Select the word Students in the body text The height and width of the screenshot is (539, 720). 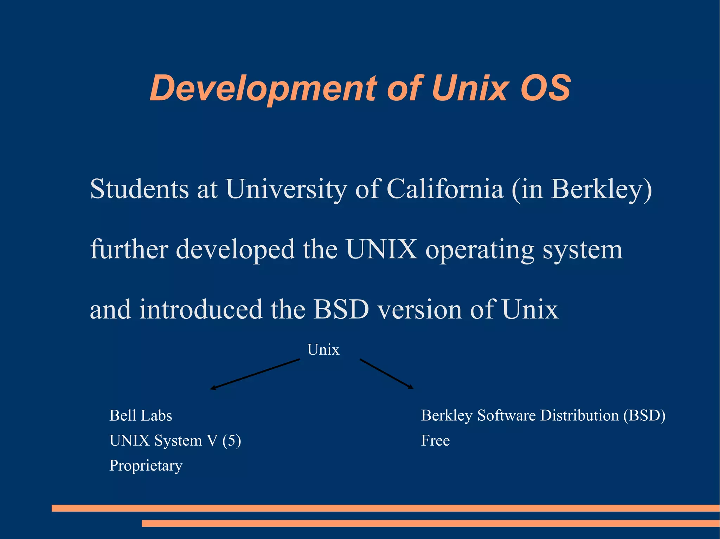coord(139,189)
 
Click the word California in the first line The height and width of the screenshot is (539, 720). coord(445,189)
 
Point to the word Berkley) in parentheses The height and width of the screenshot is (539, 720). coord(601,190)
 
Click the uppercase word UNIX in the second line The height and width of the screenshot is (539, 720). coord(381,249)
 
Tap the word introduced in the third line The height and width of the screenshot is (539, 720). coord(200,309)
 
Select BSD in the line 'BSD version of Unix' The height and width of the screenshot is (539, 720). coord(341,309)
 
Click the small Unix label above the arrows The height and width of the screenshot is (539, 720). coord(323,350)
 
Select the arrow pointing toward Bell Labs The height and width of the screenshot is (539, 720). coord(255,374)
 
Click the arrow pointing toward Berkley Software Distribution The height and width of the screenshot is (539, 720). coord(386,374)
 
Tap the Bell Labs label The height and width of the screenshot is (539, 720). coord(141,415)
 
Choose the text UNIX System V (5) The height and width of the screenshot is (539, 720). coord(175,441)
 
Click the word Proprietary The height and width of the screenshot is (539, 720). coord(146,466)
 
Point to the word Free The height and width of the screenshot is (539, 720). coord(435,441)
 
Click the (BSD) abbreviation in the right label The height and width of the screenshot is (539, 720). coord(644,415)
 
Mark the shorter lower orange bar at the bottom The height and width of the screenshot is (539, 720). coord(431,523)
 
